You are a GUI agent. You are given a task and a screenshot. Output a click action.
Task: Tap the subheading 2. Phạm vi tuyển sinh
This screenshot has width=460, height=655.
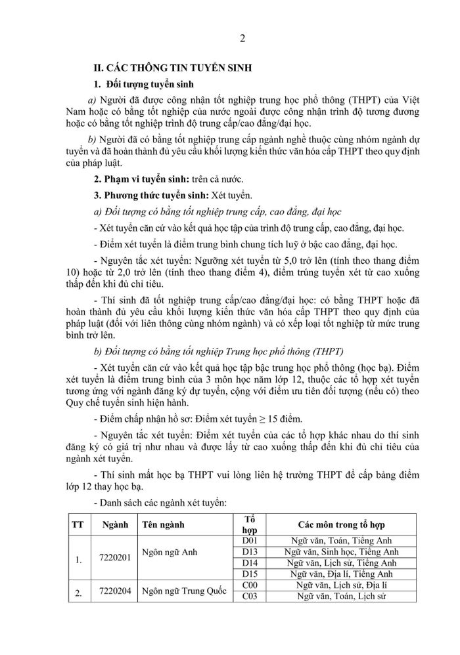(140, 179)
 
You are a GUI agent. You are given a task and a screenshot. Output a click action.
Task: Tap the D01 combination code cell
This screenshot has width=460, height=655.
(250, 541)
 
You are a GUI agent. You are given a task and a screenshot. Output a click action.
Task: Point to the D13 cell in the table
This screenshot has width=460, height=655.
(250, 552)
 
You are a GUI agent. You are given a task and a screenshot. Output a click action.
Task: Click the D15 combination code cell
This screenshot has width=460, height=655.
(250, 574)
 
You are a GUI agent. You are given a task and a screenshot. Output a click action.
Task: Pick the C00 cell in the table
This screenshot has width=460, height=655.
(250, 585)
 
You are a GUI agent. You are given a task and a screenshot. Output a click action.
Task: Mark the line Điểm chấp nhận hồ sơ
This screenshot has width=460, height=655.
(190, 417)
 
